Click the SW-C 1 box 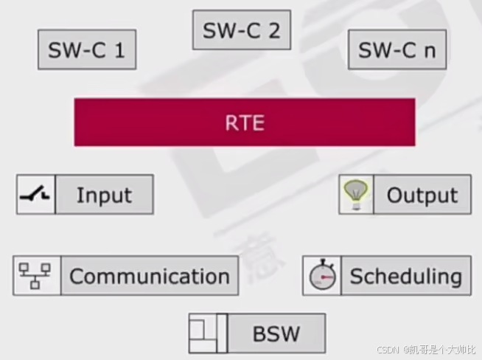click(87, 50)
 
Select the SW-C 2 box click(242, 31)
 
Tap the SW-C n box click(397, 50)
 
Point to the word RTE click(244, 122)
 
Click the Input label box click(105, 195)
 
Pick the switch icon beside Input click(35, 195)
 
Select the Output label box click(422, 195)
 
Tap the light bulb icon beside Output click(356, 195)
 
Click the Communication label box click(150, 276)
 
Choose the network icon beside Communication click(36, 276)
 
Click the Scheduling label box click(406, 276)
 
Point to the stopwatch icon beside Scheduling click(322, 276)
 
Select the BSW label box click(276, 333)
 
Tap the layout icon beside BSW click(207, 333)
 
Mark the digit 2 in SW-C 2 click(273, 31)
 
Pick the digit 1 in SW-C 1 click(120, 50)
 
